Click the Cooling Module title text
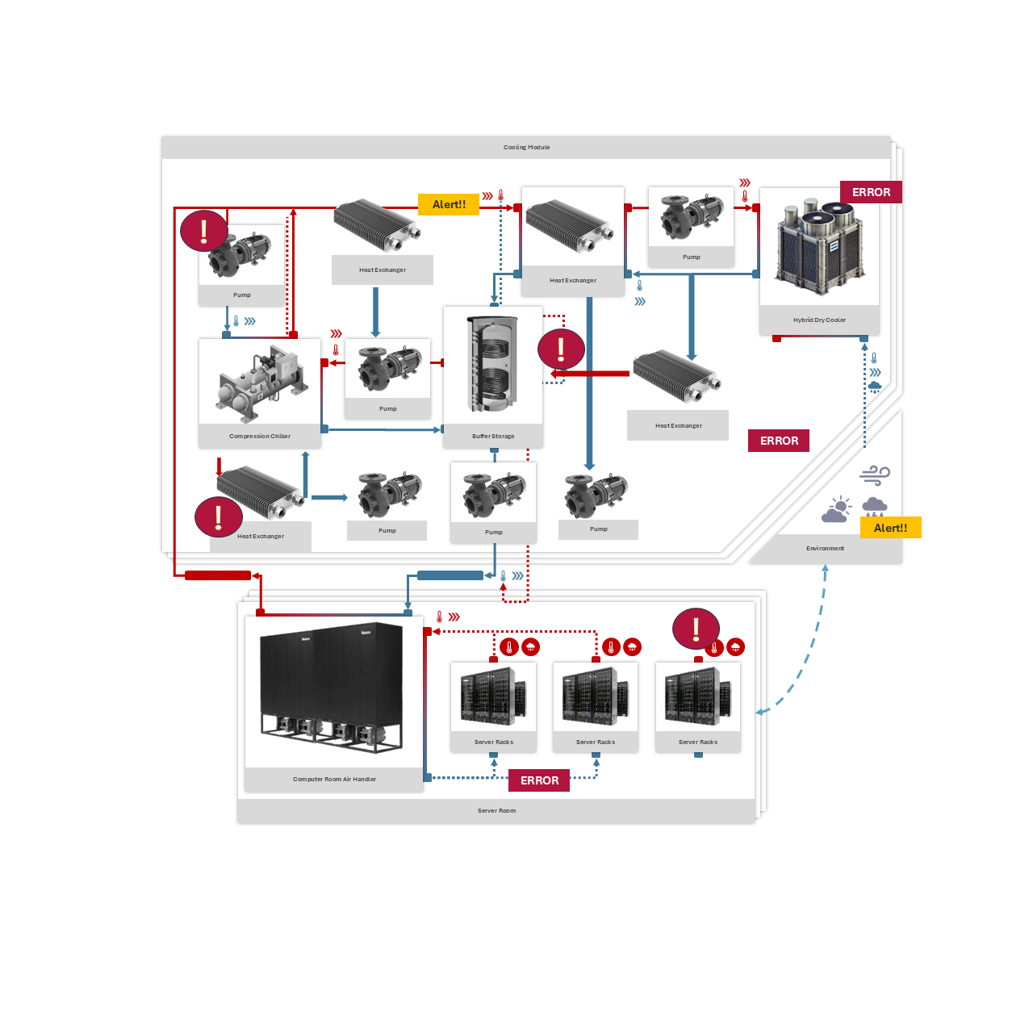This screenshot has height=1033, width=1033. (x=526, y=148)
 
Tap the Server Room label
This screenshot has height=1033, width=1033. (x=496, y=811)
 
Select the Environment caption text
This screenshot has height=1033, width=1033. (x=825, y=549)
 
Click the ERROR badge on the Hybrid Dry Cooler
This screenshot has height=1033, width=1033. (x=871, y=192)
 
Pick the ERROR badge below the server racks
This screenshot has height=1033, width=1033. (x=539, y=780)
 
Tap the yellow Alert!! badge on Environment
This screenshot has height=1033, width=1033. (x=890, y=528)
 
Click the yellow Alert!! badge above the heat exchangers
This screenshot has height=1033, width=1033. (x=449, y=205)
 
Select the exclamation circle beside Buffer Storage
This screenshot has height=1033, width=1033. (x=561, y=349)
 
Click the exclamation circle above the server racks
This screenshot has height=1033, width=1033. (x=696, y=628)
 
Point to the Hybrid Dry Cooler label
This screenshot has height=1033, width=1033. (x=819, y=320)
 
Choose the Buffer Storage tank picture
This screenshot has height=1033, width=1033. (x=493, y=365)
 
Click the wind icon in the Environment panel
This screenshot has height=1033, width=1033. (x=875, y=475)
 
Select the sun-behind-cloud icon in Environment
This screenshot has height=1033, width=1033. (x=836, y=510)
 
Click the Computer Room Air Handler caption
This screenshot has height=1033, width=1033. (x=334, y=780)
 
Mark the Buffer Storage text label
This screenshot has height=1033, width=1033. (x=493, y=437)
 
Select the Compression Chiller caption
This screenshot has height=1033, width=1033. (x=260, y=437)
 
